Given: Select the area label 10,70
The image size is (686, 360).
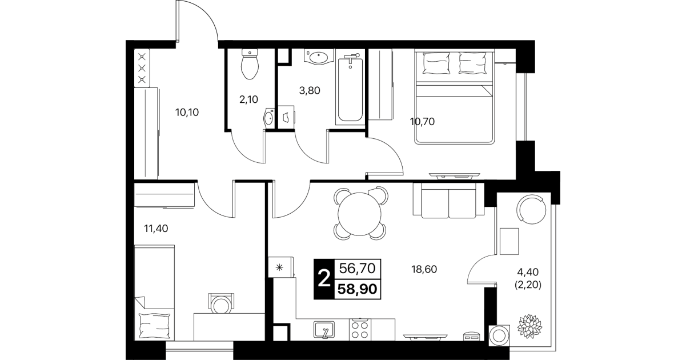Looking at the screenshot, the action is point(422,122).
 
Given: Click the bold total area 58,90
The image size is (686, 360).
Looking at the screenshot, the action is point(358,289).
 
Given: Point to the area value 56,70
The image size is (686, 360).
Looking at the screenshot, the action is point(358,269).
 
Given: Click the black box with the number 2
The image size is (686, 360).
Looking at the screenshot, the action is point(324,279).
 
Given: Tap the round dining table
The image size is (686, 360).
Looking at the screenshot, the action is point(360,214).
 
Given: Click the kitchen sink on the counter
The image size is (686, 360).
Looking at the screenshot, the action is point(324,330).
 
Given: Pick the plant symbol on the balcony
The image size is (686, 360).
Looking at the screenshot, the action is point(530,326).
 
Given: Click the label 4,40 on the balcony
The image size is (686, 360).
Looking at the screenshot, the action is point(528,272).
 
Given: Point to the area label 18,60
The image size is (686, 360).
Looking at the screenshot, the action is point(424,269).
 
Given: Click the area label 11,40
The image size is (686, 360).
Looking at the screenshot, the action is point(156,228).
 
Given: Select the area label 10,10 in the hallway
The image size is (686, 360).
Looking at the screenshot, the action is point(187,113).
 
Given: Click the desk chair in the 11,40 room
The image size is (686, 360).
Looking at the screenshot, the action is point(221,303).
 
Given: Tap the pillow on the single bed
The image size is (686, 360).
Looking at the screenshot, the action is point(154,325).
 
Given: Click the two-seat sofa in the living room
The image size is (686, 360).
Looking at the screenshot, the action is point(448,201).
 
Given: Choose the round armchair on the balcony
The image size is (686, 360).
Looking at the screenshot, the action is point(531,210).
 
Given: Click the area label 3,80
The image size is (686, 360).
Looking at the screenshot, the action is point(310,90).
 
